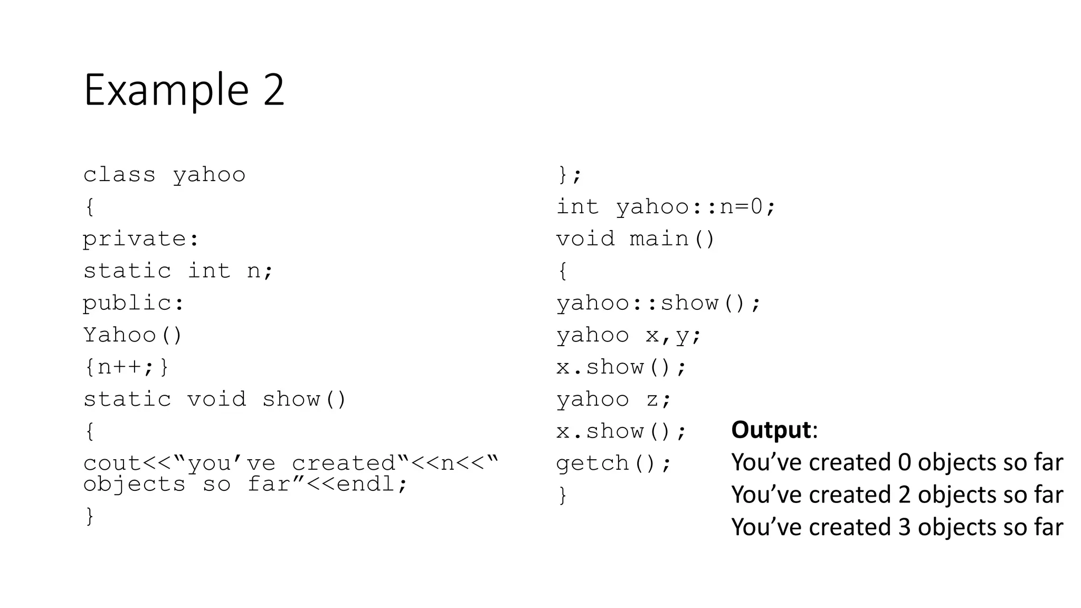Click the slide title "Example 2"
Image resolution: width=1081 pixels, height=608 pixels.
184,90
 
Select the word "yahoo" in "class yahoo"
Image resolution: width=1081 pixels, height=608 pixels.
209,175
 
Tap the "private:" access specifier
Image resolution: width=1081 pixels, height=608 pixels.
141,239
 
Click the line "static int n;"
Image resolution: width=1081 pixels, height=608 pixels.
178,271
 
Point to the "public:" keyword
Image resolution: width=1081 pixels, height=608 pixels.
134,303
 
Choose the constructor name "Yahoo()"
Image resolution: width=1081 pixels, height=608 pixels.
132,335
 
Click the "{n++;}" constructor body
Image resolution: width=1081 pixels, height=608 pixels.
126,367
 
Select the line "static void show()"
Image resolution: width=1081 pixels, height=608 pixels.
214,399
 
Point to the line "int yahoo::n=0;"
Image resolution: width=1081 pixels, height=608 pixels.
666,206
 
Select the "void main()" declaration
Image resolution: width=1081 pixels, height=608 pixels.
636,239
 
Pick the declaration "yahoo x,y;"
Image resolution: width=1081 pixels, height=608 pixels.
629,335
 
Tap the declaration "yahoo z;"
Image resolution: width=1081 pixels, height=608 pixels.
613,399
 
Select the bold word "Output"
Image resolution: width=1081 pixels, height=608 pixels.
771,430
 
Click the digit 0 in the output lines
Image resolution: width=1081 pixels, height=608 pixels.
904,462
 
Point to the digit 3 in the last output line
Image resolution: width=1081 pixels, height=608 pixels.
904,527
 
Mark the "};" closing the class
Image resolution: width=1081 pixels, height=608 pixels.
569,175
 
